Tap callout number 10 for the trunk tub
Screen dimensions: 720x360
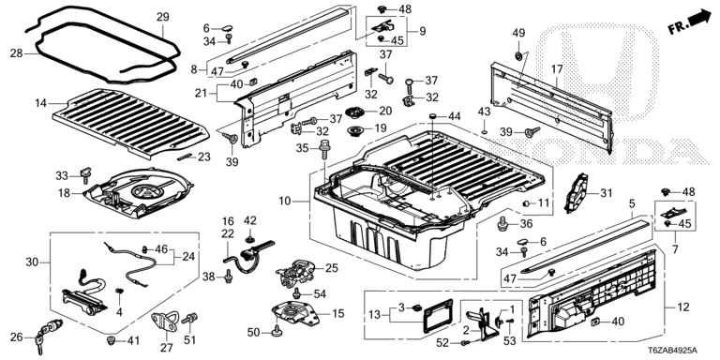point(284,202)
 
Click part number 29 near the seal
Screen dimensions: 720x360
point(163,18)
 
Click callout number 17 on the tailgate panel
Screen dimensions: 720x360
point(557,69)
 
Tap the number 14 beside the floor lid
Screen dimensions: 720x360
point(41,103)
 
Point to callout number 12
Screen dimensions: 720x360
point(683,307)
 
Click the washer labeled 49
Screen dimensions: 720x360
point(517,56)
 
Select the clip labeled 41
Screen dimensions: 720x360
point(111,340)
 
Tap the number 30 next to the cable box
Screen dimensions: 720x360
point(32,262)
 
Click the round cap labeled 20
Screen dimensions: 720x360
point(354,112)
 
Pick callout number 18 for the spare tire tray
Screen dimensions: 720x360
point(65,193)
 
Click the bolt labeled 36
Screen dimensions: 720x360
point(503,225)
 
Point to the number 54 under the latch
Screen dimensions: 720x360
point(320,293)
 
